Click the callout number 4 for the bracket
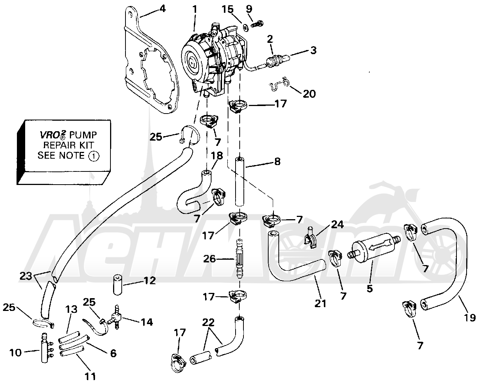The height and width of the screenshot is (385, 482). click(x=162, y=9)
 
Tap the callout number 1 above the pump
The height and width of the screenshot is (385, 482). click(x=195, y=9)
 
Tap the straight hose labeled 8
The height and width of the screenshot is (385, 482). click(x=239, y=182)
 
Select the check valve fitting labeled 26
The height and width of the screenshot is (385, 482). click(x=239, y=258)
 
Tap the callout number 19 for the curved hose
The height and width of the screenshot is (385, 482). click(x=470, y=317)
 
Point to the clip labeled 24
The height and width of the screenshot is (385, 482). click(x=311, y=239)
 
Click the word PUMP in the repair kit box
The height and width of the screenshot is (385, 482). click(x=83, y=135)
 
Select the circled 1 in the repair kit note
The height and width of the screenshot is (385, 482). click(x=94, y=156)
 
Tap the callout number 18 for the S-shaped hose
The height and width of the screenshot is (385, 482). click(x=217, y=155)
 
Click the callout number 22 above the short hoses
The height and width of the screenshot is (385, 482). click(x=208, y=322)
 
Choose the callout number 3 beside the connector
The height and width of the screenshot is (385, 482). click(x=314, y=50)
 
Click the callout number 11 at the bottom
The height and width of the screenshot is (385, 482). click(x=91, y=376)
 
